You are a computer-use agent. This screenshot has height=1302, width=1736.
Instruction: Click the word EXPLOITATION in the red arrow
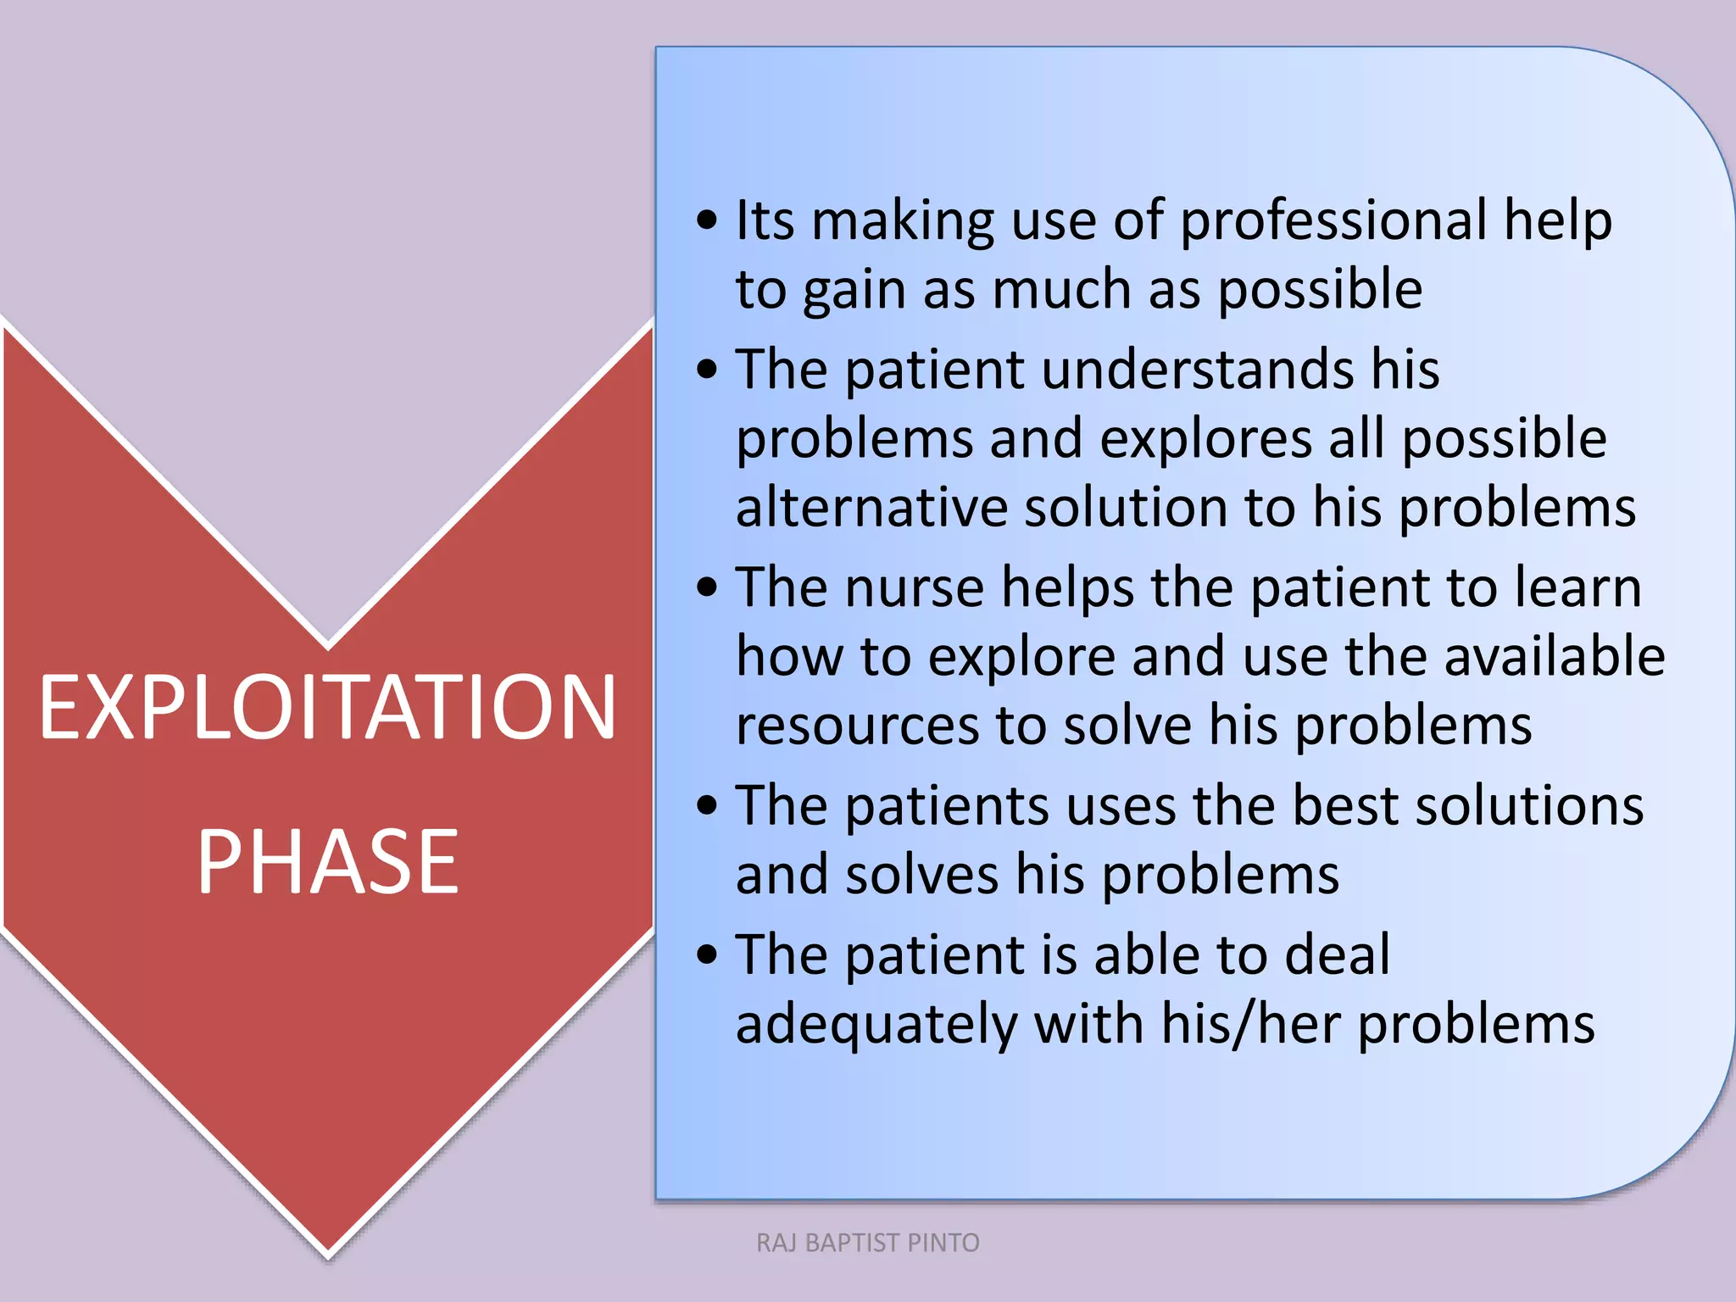[327, 707]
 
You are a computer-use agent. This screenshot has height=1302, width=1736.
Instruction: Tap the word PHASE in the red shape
[327, 862]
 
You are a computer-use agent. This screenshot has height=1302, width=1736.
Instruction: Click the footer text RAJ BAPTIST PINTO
[867, 1243]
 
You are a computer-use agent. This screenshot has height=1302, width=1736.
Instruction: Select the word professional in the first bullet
[1333, 222]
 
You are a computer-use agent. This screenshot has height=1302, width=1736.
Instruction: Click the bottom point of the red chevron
[327, 1253]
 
